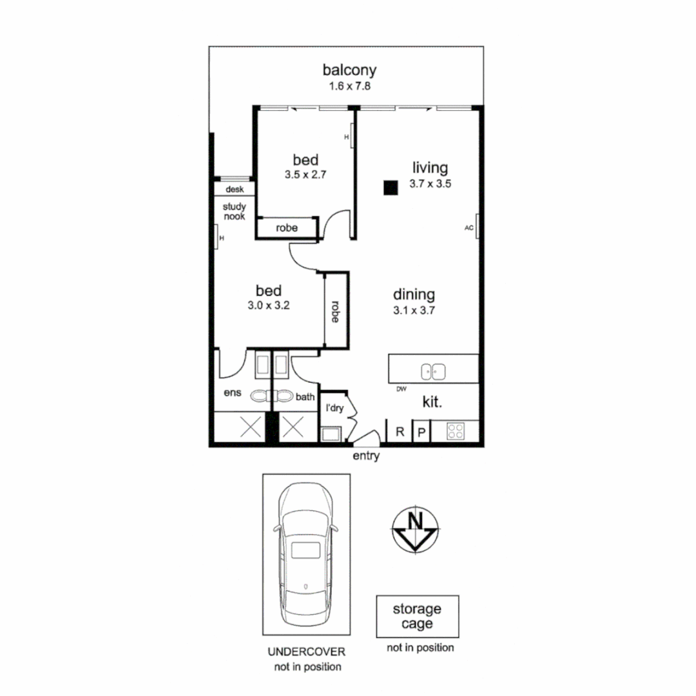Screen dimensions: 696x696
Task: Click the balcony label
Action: (x=349, y=70)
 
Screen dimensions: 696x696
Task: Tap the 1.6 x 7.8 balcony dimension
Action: (x=349, y=86)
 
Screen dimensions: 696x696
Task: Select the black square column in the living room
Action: (x=390, y=188)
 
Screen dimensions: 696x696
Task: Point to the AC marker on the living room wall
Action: (x=469, y=227)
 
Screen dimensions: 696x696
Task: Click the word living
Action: (x=430, y=168)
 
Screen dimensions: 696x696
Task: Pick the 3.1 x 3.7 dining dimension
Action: (x=414, y=310)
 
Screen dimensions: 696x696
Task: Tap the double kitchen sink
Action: (x=434, y=372)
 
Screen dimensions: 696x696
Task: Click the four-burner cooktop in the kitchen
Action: (x=455, y=430)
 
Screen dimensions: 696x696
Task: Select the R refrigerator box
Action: (x=400, y=432)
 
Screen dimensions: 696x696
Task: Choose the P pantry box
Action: (x=421, y=432)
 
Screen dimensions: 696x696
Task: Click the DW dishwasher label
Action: (x=401, y=389)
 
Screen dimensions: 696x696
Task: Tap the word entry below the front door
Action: (x=366, y=456)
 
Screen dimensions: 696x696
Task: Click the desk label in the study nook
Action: (x=235, y=189)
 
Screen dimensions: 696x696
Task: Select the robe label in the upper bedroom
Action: (x=287, y=228)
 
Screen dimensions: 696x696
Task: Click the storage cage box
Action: (x=418, y=616)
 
